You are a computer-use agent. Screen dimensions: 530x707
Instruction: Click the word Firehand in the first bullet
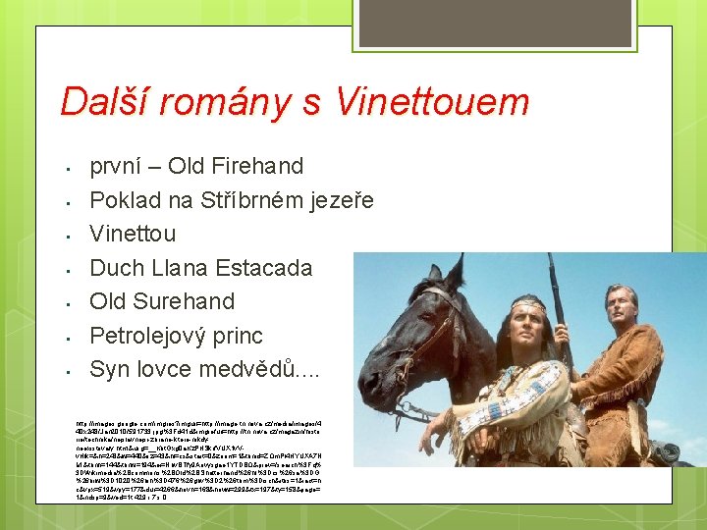(x=257, y=166)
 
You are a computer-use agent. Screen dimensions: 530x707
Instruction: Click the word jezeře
(x=338, y=201)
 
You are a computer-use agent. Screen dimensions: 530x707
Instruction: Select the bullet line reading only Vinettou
(x=133, y=234)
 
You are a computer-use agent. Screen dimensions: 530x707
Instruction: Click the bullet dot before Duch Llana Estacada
(x=63, y=269)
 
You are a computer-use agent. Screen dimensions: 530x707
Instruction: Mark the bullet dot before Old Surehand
(x=63, y=303)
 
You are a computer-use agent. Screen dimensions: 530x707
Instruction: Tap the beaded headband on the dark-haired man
(x=529, y=301)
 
